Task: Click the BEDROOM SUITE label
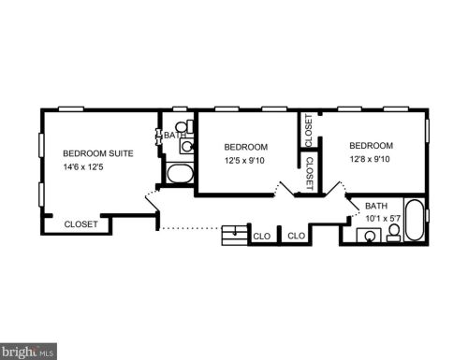coord(98,153)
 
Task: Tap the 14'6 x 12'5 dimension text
coord(83,167)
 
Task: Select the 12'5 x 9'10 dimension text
coord(244,161)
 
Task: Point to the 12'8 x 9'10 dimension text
coord(370,159)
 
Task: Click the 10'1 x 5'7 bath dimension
coord(383,219)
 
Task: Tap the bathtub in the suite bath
coord(180,173)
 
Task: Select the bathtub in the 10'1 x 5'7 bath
coord(415,220)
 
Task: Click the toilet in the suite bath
coord(184,126)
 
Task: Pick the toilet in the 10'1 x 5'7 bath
coord(394,233)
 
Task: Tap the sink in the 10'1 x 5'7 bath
coord(369,236)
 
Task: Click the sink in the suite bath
coord(187,147)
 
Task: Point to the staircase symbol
coord(235,235)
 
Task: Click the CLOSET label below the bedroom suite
coord(80,224)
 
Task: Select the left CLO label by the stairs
coord(262,237)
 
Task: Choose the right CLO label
coord(297,236)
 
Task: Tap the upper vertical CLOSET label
coord(308,130)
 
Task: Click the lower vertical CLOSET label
coord(310,173)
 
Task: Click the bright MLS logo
coord(28,352)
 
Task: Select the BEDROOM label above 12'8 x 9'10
coord(371,146)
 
